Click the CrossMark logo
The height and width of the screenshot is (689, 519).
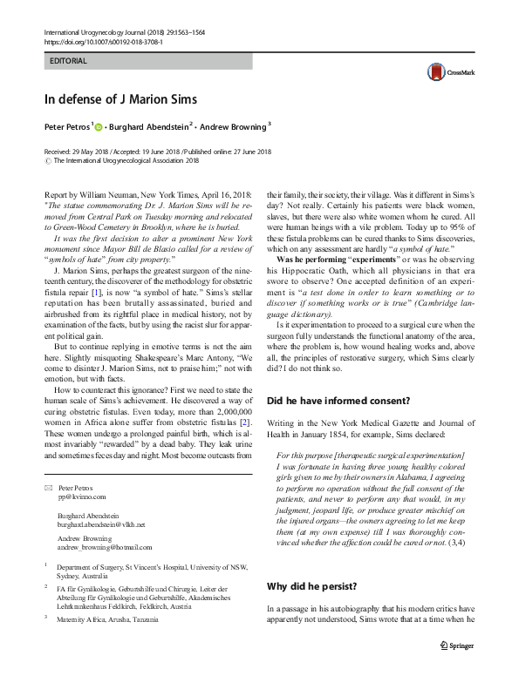[x=443, y=73]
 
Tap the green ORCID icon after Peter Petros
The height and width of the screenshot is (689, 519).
[x=99, y=127]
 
